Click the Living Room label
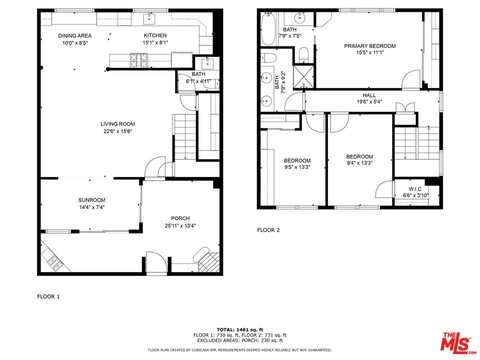(x=117, y=124)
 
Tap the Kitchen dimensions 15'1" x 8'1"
(x=155, y=42)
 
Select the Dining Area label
(x=74, y=36)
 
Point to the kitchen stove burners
(x=138, y=60)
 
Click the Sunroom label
(x=92, y=200)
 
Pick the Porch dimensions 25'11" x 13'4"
(x=180, y=226)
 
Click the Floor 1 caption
(x=48, y=296)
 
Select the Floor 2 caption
(x=268, y=230)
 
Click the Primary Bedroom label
(x=370, y=46)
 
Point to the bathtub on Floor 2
(x=268, y=29)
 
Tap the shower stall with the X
(x=303, y=76)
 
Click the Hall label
(x=369, y=95)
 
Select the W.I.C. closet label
(x=415, y=189)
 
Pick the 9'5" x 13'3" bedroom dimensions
(x=297, y=167)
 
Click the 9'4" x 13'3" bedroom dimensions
(x=359, y=163)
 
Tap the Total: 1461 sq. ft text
(x=240, y=329)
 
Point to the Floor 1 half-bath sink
(x=207, y=63)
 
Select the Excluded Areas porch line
(x=240, y=340)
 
